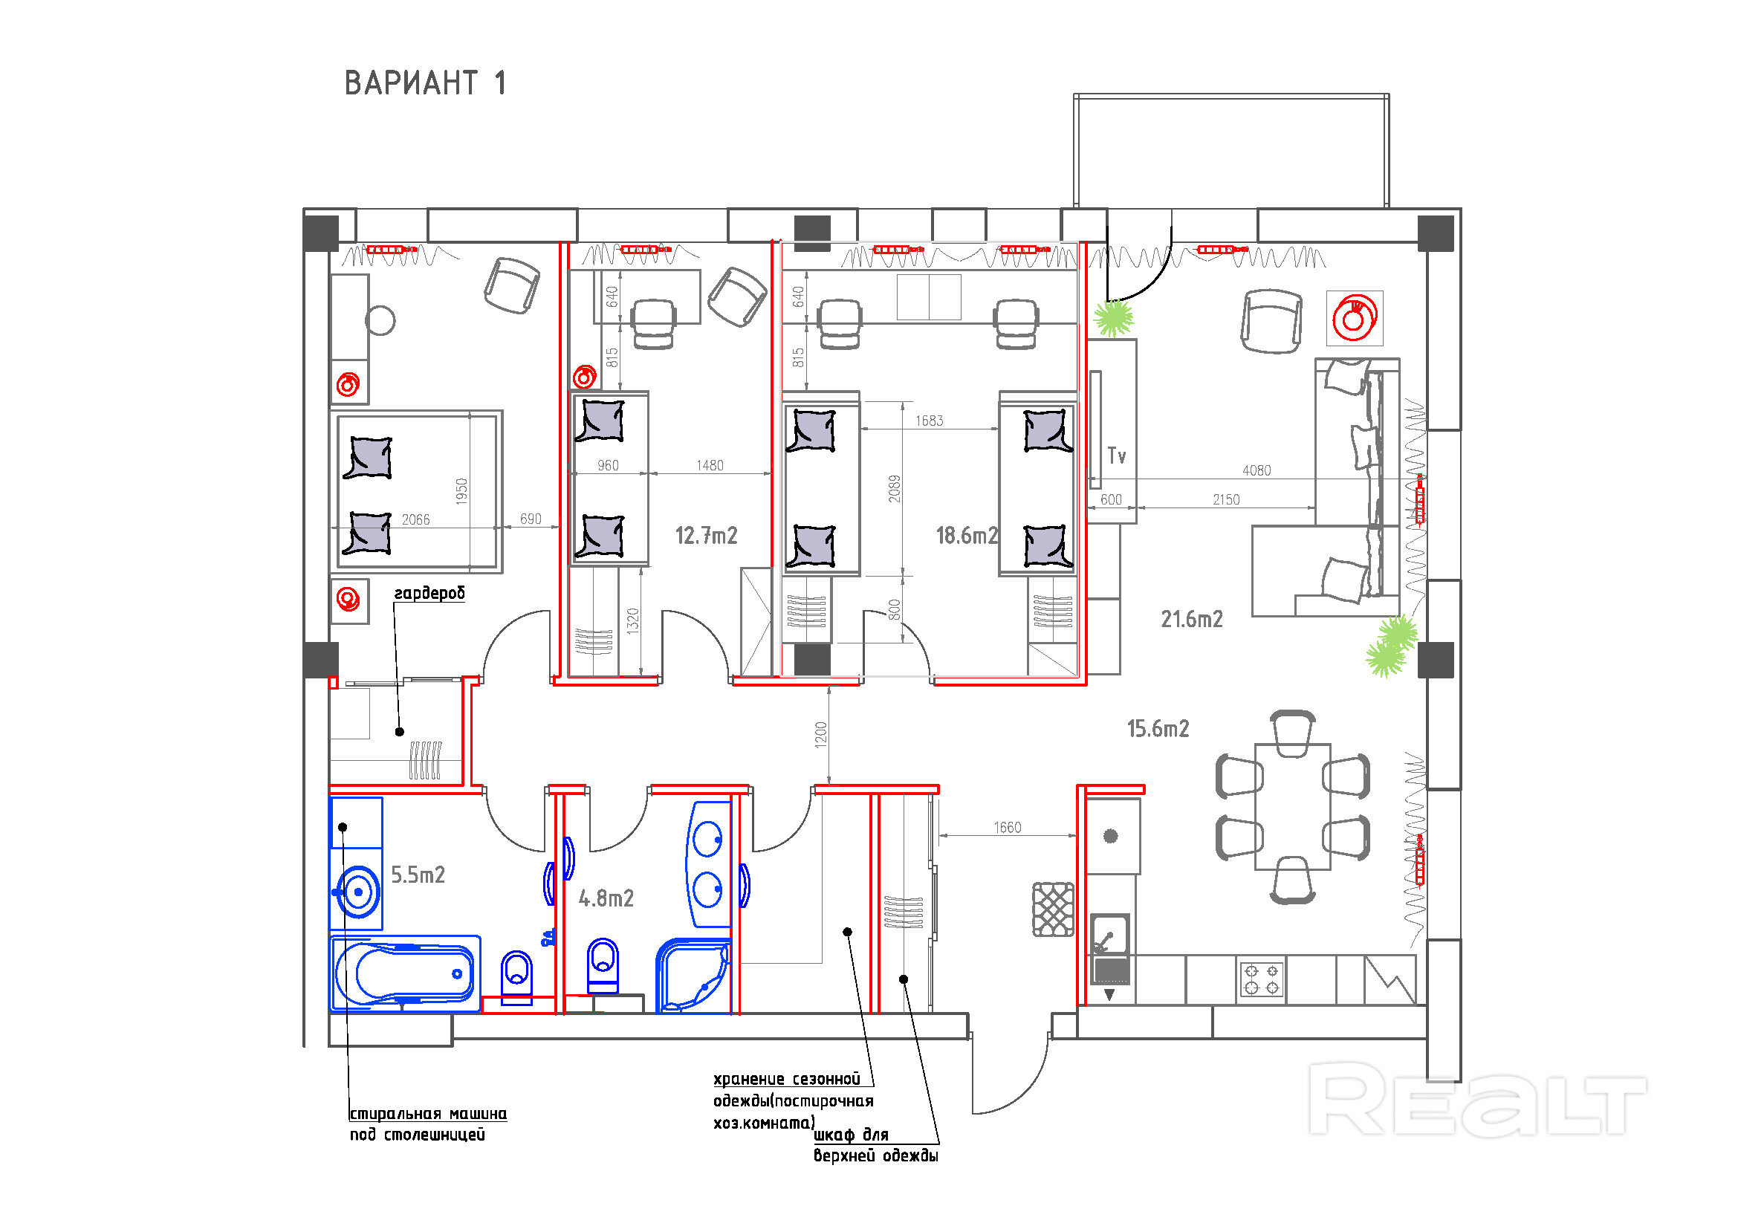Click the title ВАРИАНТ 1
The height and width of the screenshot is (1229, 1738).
(x=425, y=82)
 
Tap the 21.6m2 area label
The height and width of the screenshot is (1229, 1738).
(x=1191, y=619)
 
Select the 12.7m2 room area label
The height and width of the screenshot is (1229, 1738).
(x=705, y=536)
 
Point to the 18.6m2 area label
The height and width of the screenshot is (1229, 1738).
(x=967, y=536)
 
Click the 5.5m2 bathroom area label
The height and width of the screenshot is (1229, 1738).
(x=417, y=875)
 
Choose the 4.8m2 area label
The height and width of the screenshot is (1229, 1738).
(x=606, y=898)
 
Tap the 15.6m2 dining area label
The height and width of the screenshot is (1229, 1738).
(x=1158, y=729)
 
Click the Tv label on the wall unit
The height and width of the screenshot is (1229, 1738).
(x=1117, y=455)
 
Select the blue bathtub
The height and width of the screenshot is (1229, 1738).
(x=405, y=975)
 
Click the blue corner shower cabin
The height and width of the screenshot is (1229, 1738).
(x=693, y=976)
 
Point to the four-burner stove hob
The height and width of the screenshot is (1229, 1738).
(x=1262, y=979)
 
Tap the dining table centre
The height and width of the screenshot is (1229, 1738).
(x=1292, y=807)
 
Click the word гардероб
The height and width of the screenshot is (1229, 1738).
(x=429, y=593)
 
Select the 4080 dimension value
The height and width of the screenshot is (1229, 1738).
(x=1257, y=470)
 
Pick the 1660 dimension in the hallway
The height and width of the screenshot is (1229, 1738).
(x=1008, y=828)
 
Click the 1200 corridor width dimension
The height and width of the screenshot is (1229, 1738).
(x=821, y=735)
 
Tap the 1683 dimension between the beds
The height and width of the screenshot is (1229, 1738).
(x=930, y=421)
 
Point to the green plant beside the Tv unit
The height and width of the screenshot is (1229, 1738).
(x=1114, y=318)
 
